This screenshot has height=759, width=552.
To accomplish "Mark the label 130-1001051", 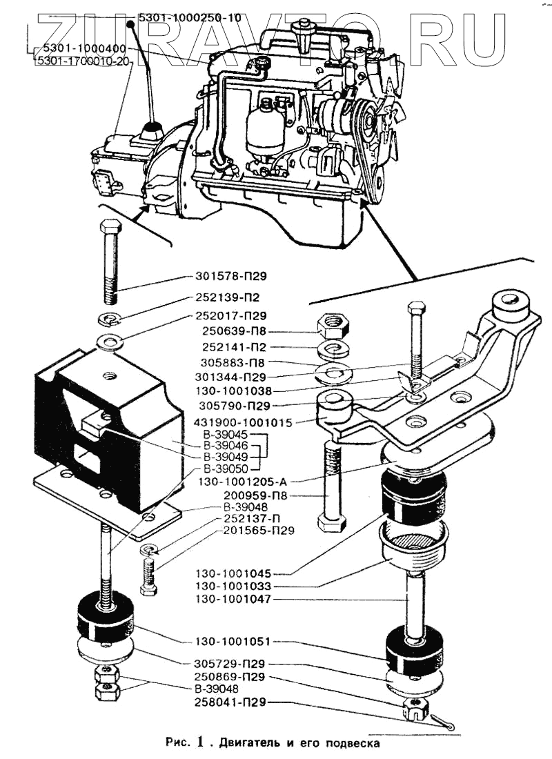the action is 233,642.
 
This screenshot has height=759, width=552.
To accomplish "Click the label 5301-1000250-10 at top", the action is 189,19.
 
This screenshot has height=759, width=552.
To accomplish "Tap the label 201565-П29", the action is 259,531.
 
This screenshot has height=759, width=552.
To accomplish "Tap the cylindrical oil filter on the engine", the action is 264,128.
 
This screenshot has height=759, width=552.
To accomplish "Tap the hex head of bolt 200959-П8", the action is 331,524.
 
